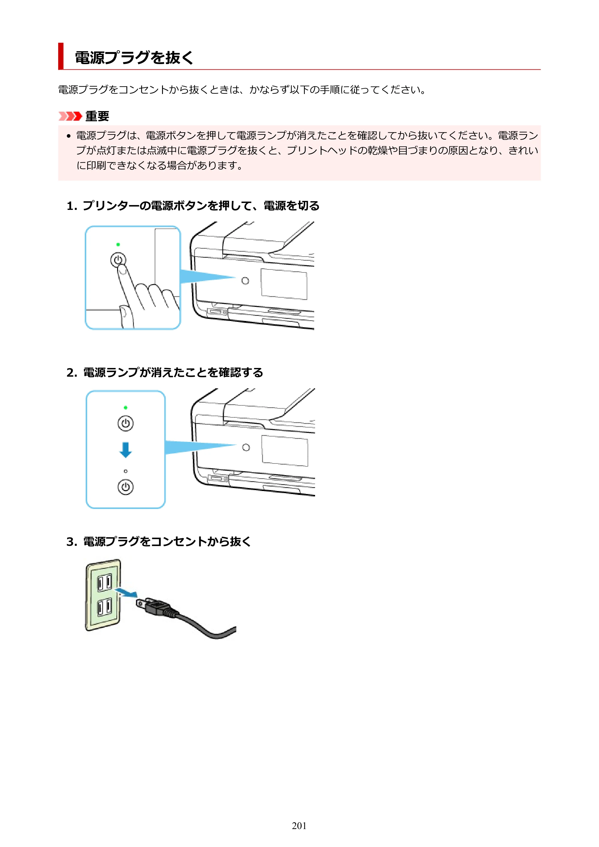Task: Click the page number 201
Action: [x=299, y=826]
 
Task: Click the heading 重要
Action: [x=97, y=116]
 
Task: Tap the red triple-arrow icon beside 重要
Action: [x=70, y=116]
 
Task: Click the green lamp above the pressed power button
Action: [x=118, y=244]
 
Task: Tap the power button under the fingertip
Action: [x=118, y=260]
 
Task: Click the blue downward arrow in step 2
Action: [x=125, y=450]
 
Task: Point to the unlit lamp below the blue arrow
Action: [x=125, y=471]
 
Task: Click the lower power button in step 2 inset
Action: [x=125, y=487]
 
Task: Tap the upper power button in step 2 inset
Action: [x=125, y=423]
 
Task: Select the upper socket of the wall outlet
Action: [x=105, y=583]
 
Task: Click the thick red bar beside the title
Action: [x=61, y=56]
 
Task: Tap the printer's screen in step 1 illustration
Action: [x=284, y=284]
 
